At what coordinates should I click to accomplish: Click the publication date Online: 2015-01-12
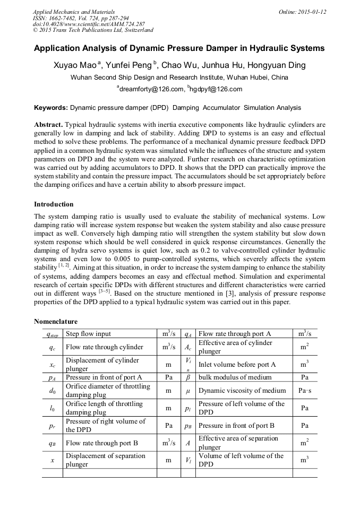click(x=303, y=12)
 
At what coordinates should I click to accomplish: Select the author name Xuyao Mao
click(x=76, y=66)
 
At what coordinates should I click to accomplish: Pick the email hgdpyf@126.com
click(x=215, y=89)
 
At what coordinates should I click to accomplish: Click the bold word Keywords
click(x=50, y=108)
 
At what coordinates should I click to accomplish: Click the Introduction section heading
click(x=54, y=204)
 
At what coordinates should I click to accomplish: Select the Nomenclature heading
click(x=56, y=322)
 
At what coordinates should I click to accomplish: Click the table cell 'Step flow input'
click(x=89, y=334)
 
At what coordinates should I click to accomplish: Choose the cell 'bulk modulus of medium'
click(x=235, y=377)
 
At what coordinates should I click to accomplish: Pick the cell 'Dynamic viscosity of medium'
click(x=242, y=391)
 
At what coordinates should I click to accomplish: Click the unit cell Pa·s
click(x=305, y=391)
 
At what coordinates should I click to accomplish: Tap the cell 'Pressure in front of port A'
click(x=104, y=377)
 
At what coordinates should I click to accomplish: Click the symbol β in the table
click(x=188, y=377)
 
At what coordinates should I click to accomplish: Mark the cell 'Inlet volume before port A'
click(x=237, y=365)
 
